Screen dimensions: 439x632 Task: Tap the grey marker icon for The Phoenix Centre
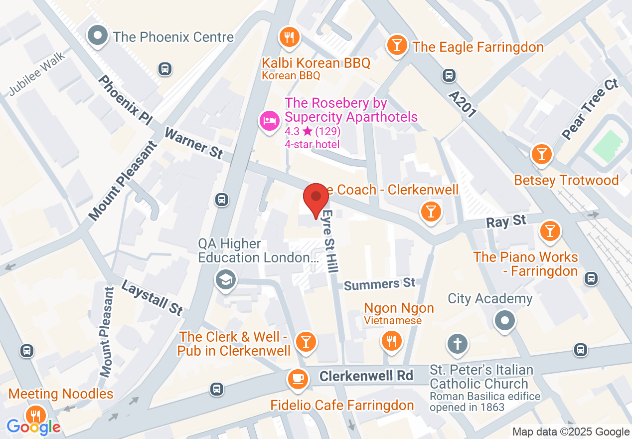tap(98, 36)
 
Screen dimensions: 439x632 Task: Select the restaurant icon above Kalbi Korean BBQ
tap(289, 36)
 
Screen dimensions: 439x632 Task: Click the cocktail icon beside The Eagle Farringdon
tap(397, 45)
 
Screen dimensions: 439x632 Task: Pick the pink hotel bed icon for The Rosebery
tap(270, 121)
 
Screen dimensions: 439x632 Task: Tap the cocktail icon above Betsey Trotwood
tap(542, 154)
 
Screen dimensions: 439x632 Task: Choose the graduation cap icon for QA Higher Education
tap(225, 280)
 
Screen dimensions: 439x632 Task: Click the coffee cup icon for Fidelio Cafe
tap(298, 379)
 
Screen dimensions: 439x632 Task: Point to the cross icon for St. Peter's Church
tap(458, 344)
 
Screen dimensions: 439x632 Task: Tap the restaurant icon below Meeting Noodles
tap(35, 415)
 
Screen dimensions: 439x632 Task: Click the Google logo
tap(33, 427)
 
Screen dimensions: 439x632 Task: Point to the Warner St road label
tap(193, 143)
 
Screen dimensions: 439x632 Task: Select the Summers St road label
tap(379, 284)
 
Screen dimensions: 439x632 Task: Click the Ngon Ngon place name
tap(399, 308)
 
